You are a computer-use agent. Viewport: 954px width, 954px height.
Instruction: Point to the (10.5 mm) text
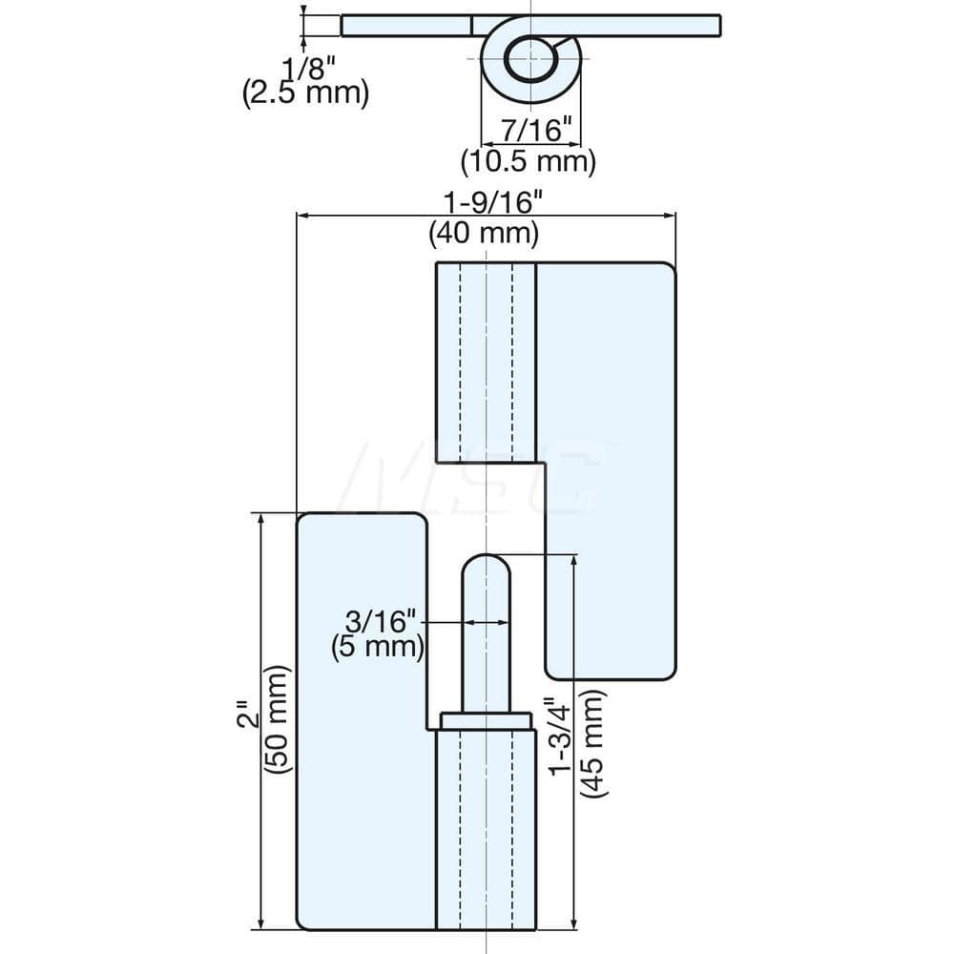click(x=528, y=161)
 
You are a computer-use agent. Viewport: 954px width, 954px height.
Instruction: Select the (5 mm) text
click(x=378, y=647)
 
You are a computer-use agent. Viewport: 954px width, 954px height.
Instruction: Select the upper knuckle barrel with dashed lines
click(x=486, y=363)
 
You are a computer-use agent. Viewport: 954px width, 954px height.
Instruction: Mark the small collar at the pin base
click(x=486, y=721)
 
